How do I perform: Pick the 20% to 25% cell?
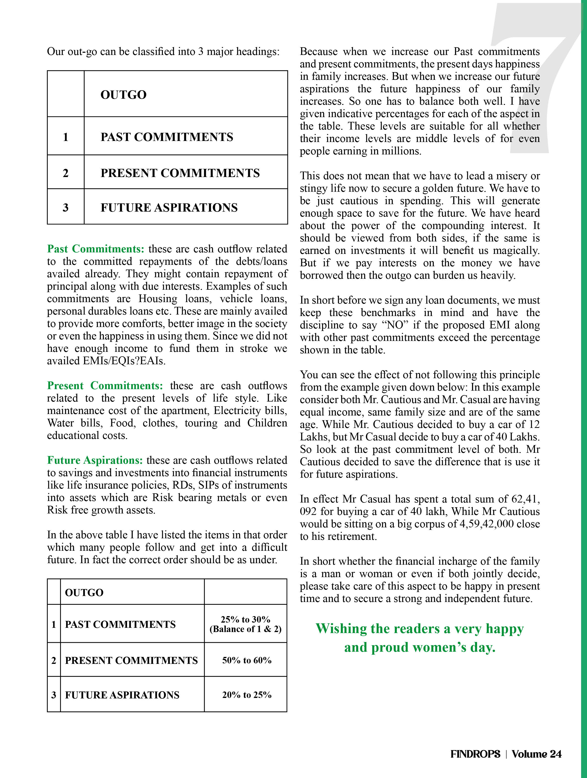247,695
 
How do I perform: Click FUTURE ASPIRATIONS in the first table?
169,208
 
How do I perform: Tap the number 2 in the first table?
65,173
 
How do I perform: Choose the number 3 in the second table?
53,695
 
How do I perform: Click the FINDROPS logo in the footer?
475,754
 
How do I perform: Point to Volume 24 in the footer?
536,754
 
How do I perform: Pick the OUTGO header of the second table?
84,593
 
